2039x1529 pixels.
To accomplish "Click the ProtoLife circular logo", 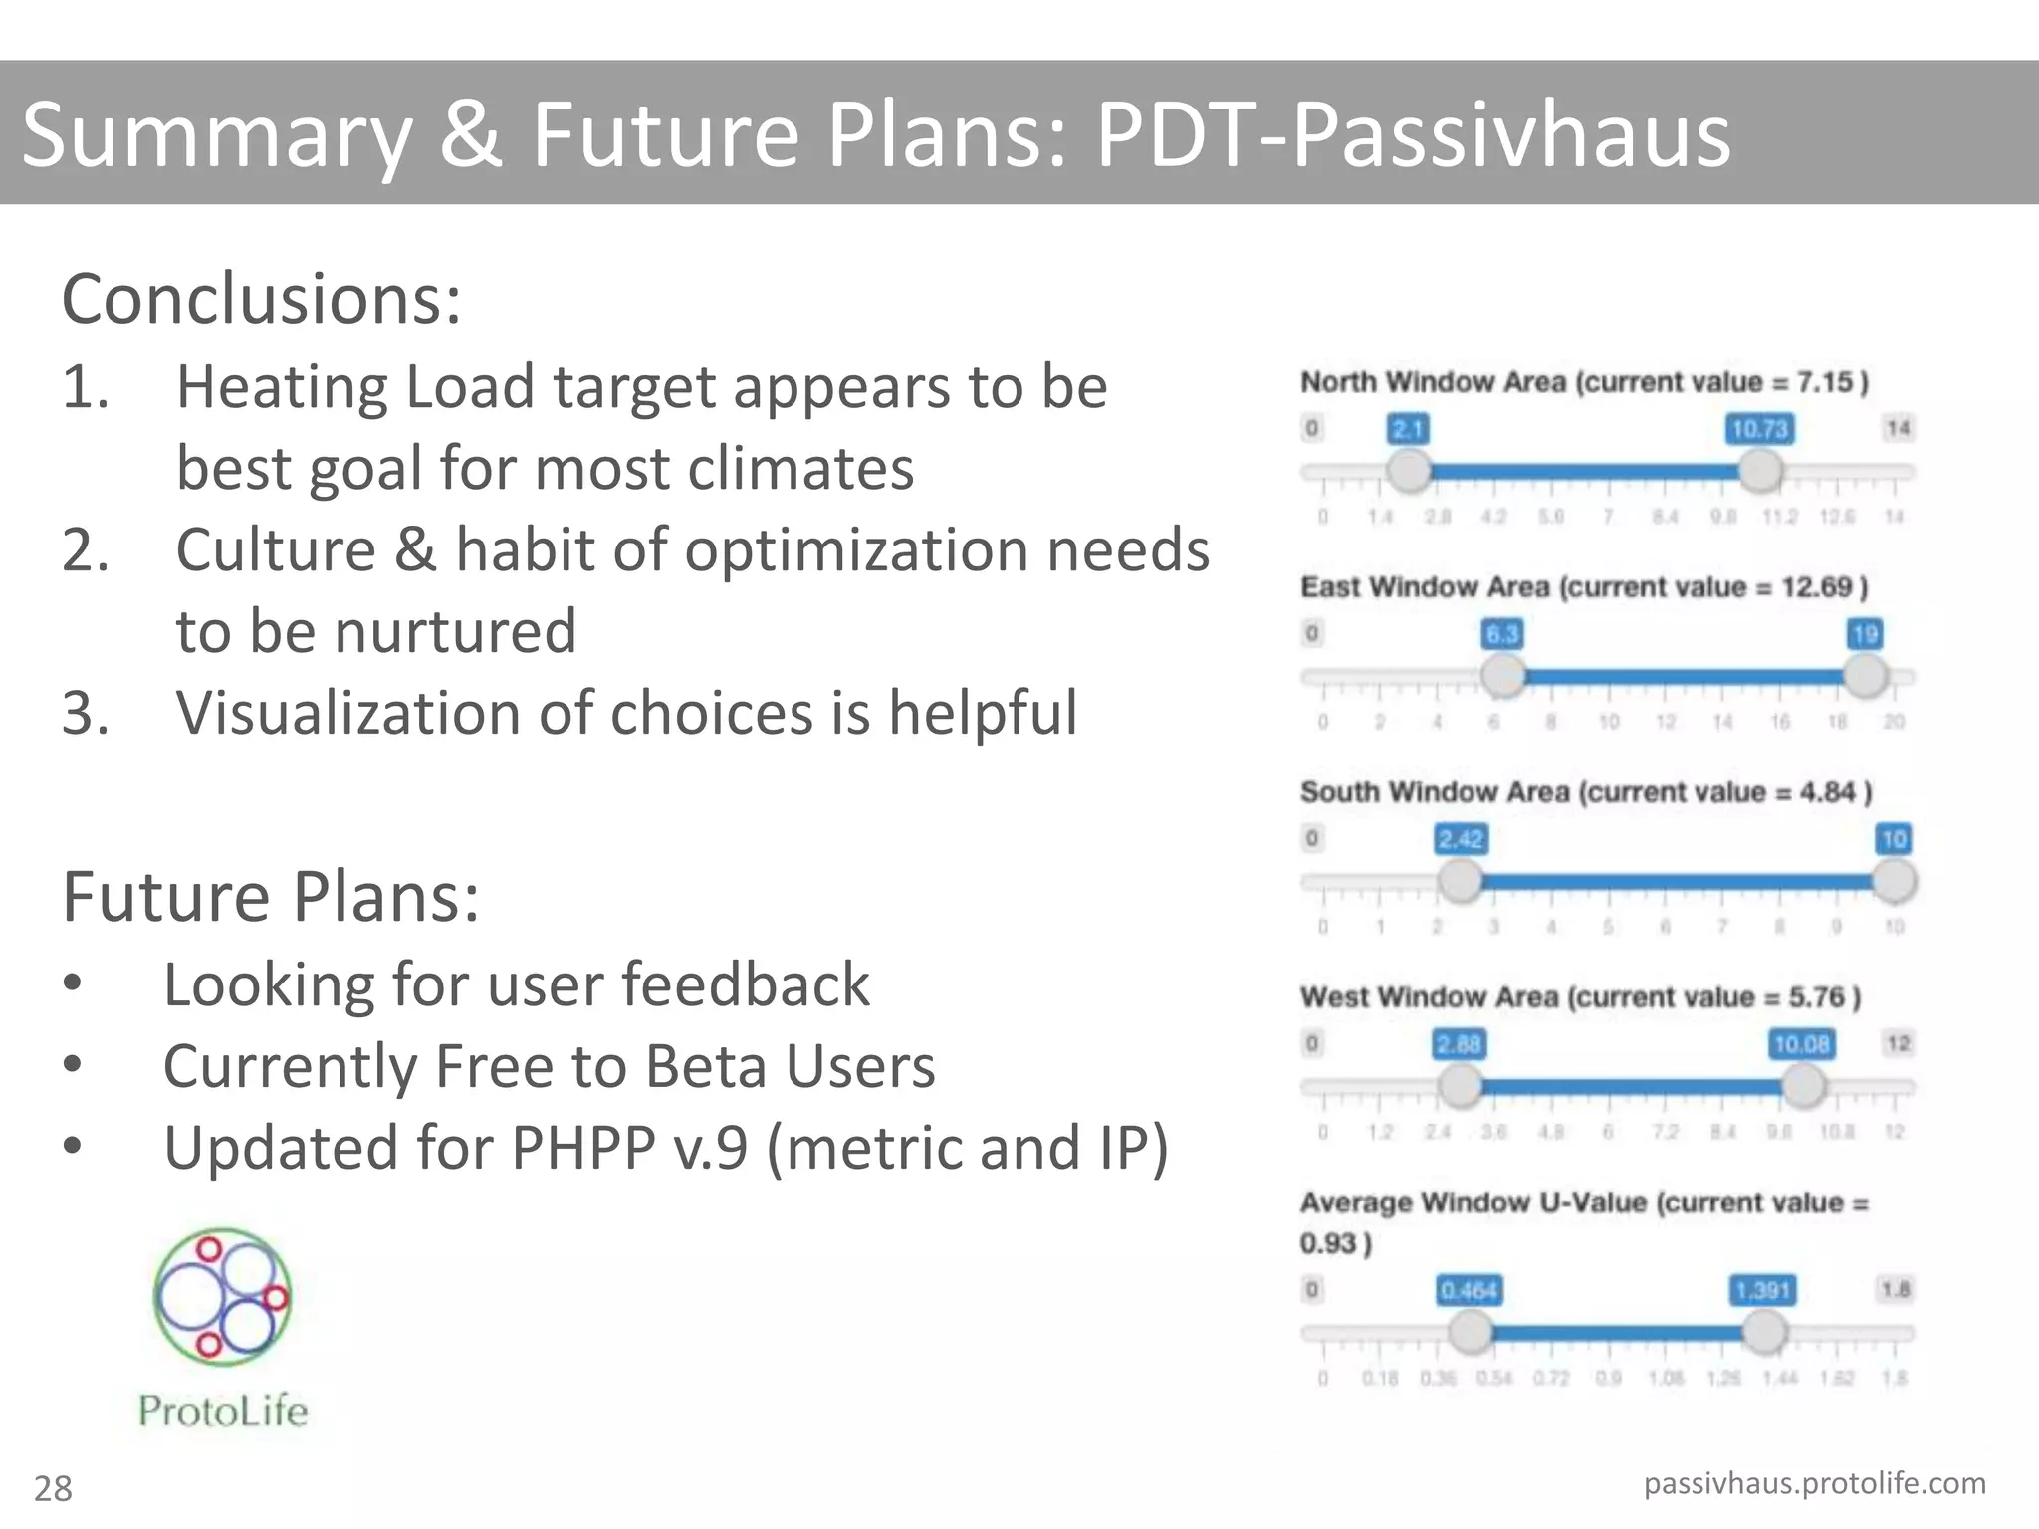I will (x=223, y=1296).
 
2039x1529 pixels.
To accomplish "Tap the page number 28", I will (x=53, y=1488).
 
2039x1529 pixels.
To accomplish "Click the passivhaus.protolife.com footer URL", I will (x=1814, y=1483).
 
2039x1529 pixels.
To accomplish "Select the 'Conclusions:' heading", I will (x=262, y=299).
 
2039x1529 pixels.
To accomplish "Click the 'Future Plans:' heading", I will (x=271, y=896).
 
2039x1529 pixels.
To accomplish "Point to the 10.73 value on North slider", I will (x=1759, y=429).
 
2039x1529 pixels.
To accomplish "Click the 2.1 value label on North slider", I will (x=1408, y=429).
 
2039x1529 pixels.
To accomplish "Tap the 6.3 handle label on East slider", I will (x=1502, y=634).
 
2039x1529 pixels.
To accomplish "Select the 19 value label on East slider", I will (x=1865, y=634).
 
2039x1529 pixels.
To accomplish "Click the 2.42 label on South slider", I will (x=1461, y=839).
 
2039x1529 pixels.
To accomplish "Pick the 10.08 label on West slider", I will (x=1801, y=1044).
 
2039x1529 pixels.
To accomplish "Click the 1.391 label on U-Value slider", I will (x=1763, y=1290).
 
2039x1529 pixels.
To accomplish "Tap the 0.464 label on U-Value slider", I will (x=1469, y=1290).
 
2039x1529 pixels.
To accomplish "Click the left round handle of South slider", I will (x=1461, y=881).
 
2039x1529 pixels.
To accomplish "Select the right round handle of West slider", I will (x=1802, y=1086).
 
